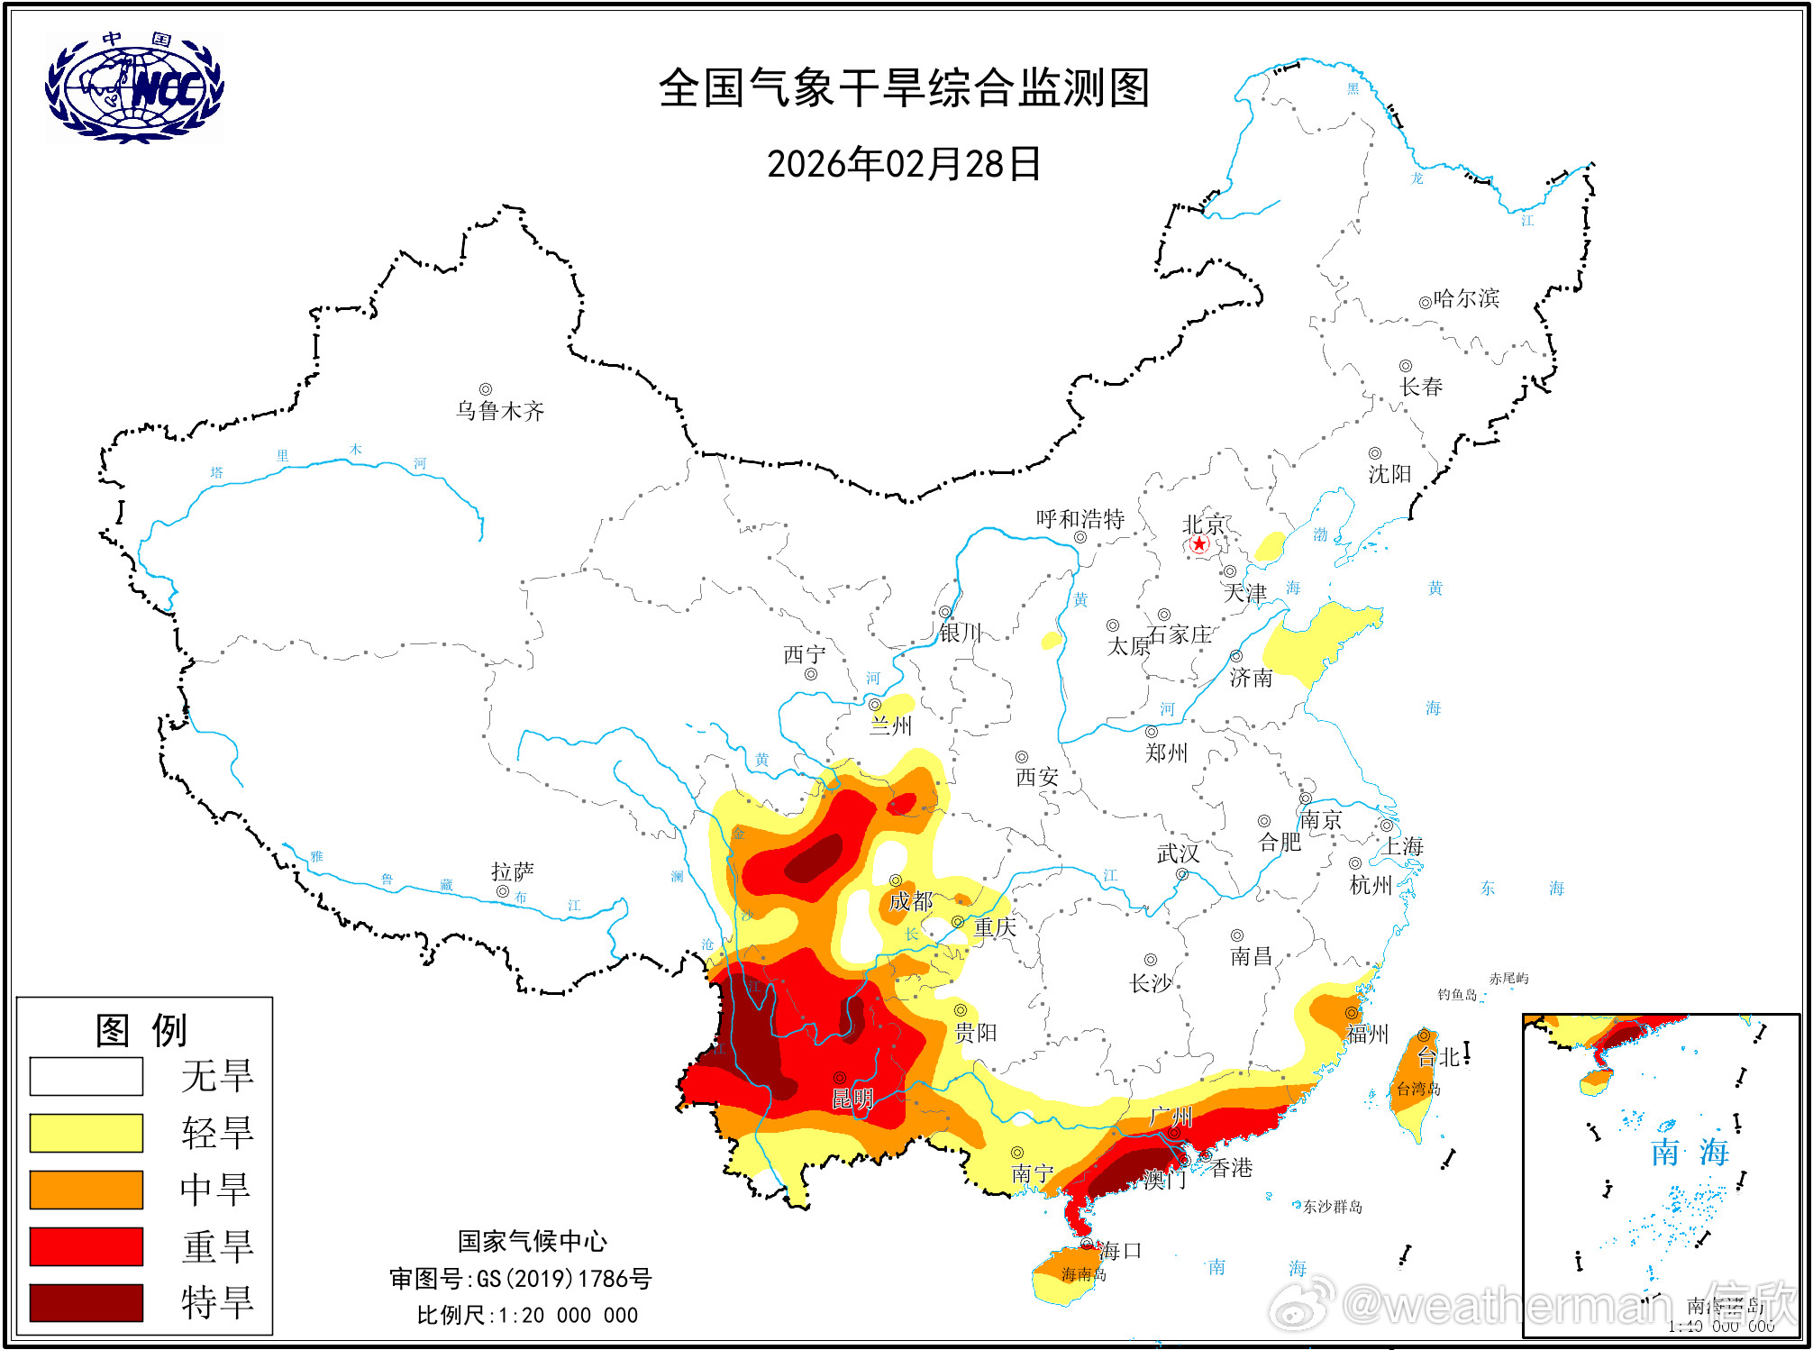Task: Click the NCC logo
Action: tap(135, 87)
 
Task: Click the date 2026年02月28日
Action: tap(904, 164)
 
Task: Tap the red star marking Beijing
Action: tap(1198, 544)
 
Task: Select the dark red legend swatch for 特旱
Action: tap(87, 1302)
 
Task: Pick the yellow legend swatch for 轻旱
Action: tap(87, 1133)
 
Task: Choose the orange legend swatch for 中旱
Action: tap(87, 1190)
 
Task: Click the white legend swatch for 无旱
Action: tap(87, 1076)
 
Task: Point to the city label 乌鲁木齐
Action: tap(500, 412)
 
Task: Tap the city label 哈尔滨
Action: tap(1466, 298)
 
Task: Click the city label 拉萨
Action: tap(513, 871)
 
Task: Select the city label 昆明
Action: tap(852, 1099)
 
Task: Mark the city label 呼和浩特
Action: tap(1080, 519)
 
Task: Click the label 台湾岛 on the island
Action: tap(1418, 1089)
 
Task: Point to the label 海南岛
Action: tap(1084, 1274)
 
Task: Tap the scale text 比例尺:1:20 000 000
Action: tap(527, 1315)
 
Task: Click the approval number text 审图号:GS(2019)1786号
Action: tap(521, 1278)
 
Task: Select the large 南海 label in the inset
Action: tap(1690, 1152)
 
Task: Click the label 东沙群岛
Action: tap(1333, 1207)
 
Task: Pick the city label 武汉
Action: tap(1178, 853)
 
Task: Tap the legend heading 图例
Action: tap(141, 1030)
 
